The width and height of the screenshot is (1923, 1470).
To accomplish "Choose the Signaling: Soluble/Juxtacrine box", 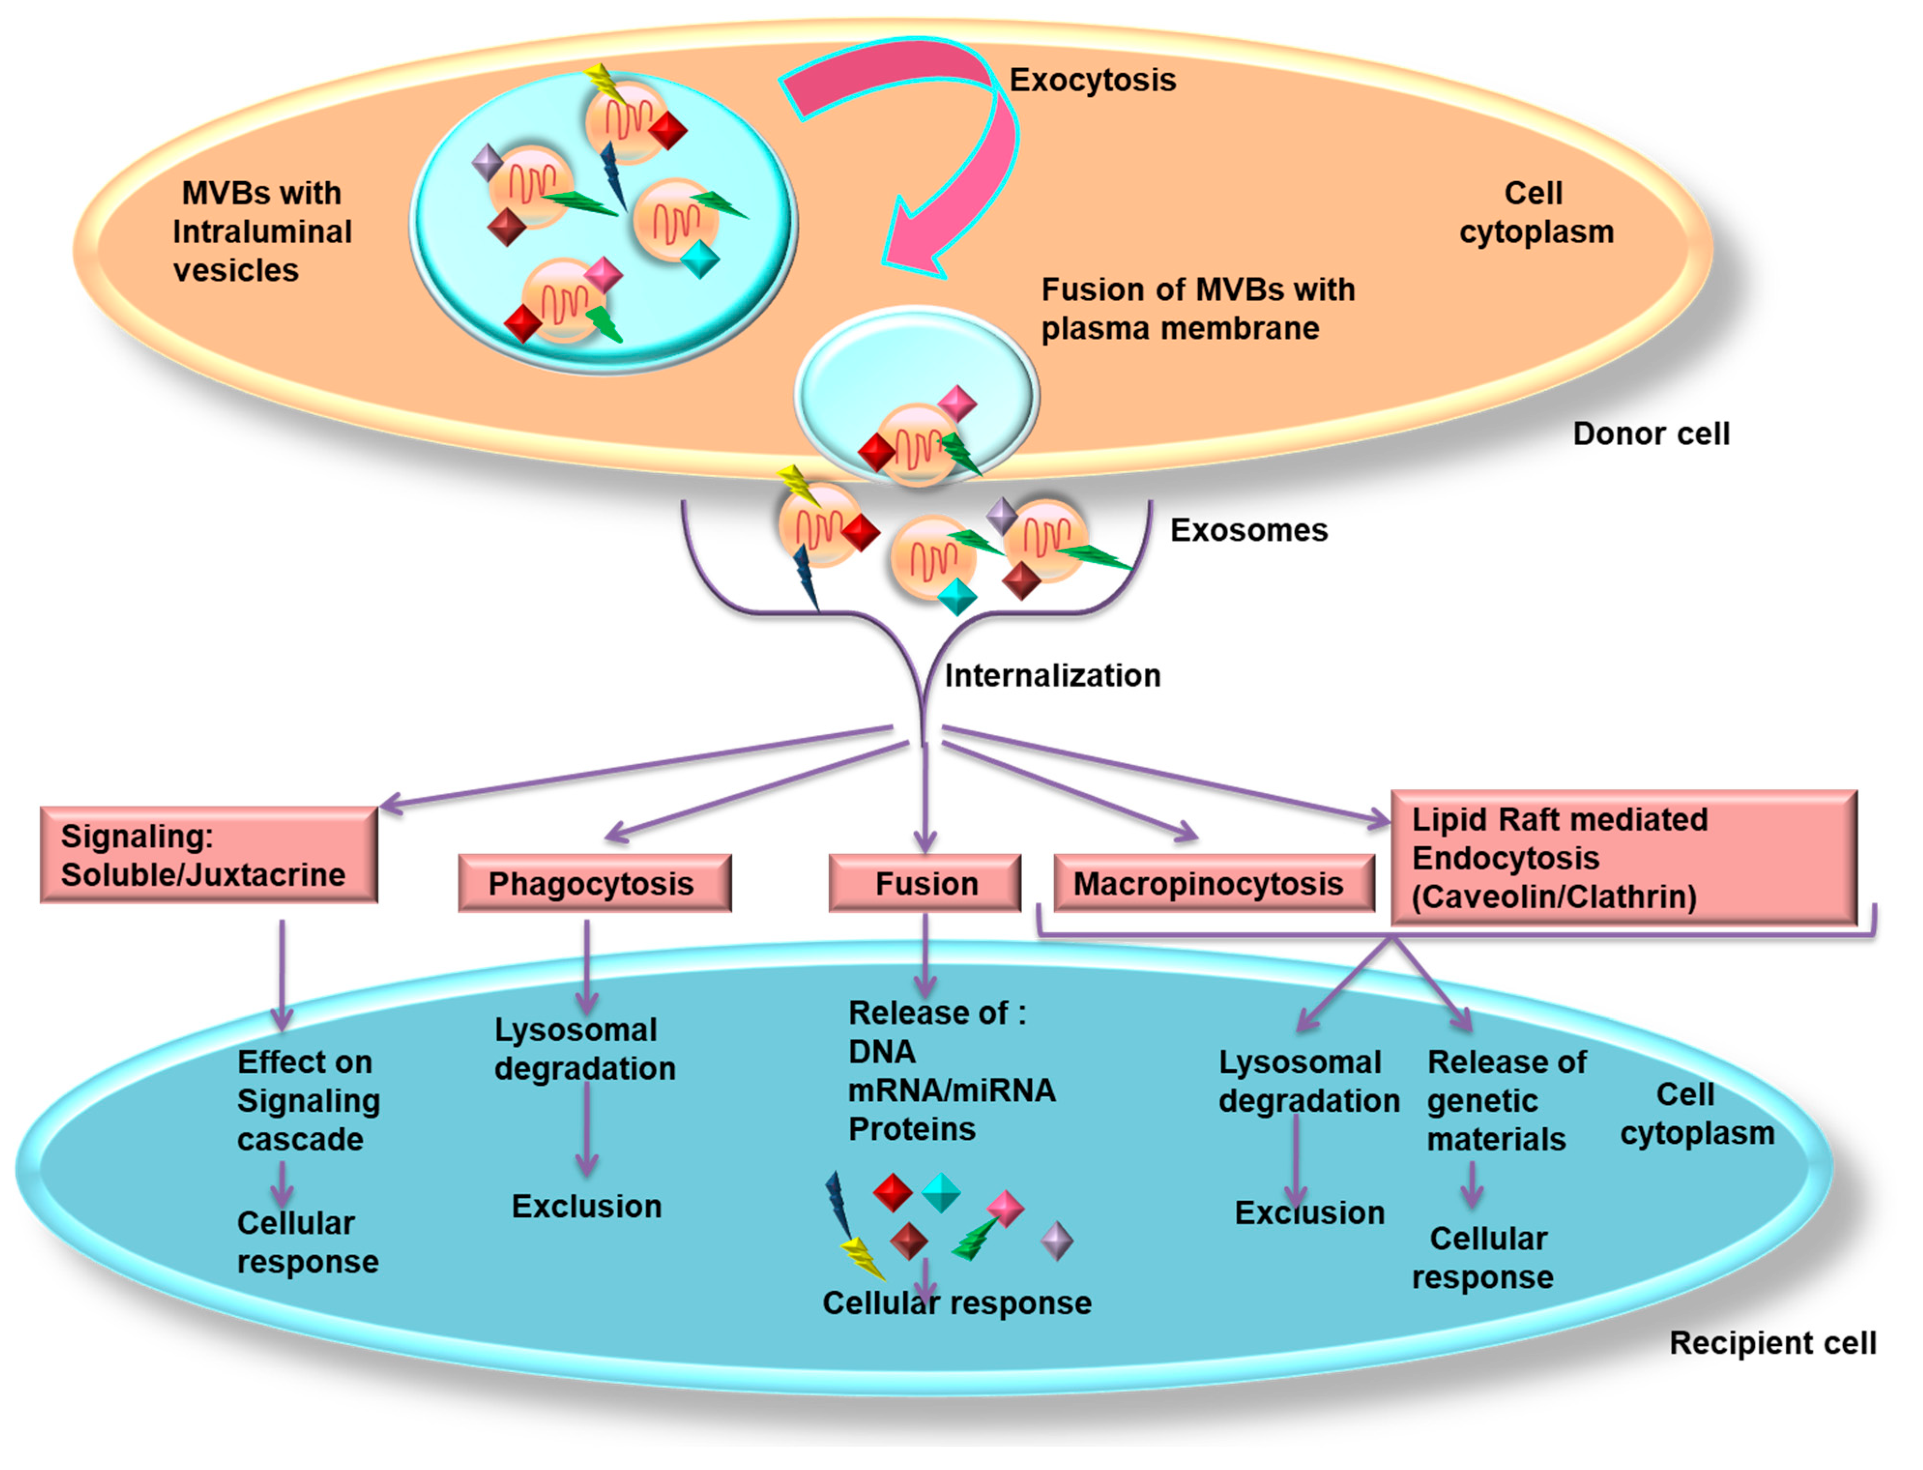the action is point(209,854).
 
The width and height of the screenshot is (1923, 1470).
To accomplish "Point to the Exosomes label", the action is point(1248,530).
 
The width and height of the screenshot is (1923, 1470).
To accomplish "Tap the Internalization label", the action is point(1053,675).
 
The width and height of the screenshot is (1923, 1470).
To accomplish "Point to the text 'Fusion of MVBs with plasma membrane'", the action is point(1198,309).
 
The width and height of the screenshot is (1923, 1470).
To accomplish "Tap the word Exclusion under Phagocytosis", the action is point(586,1207).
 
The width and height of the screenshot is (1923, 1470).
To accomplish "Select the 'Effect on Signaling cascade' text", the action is point(308,1101).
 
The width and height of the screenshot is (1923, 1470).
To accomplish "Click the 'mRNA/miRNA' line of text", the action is point(952,1090).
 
